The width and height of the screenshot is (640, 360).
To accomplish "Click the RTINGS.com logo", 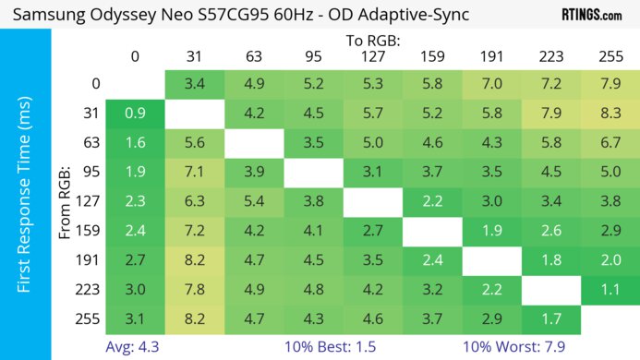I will pyautogui.click(x=591, y=15).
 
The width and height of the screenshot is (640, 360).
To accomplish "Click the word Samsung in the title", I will pyautogui.click(x=47, y=15).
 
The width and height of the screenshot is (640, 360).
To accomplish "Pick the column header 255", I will pyautogui.click(x=609, y=57).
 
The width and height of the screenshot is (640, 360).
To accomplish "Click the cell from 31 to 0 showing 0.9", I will pyautogui.click(x=136, y=114).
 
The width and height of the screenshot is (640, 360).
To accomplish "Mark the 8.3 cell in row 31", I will pyautogui.click(x=609, y=114).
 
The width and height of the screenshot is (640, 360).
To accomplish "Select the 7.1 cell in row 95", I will pyautogui.click(x=195, y=173).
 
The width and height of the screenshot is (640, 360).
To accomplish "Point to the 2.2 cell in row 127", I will pyautogui.click(x=431, y=202).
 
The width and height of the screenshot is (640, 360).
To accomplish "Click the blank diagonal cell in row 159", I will pyautogui.click(x=431, y=232).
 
